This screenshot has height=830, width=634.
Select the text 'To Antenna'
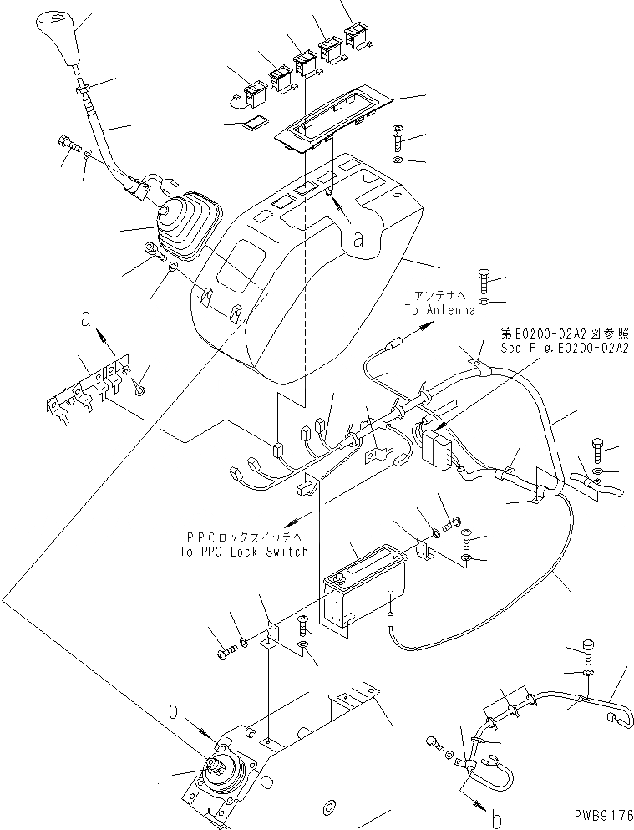(439, 309)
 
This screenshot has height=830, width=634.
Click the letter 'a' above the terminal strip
(86, 318)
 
